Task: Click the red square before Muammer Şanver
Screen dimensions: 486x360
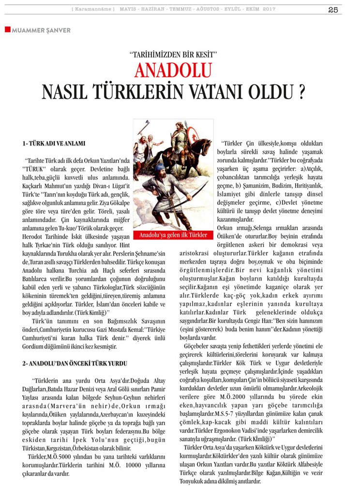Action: [x=7, y=30]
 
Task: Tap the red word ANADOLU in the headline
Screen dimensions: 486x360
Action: [x=173, y=71]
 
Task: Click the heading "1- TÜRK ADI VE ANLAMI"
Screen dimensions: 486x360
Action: [x=54, y=144]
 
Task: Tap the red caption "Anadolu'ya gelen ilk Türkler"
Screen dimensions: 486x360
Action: [x=173, y=236]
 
